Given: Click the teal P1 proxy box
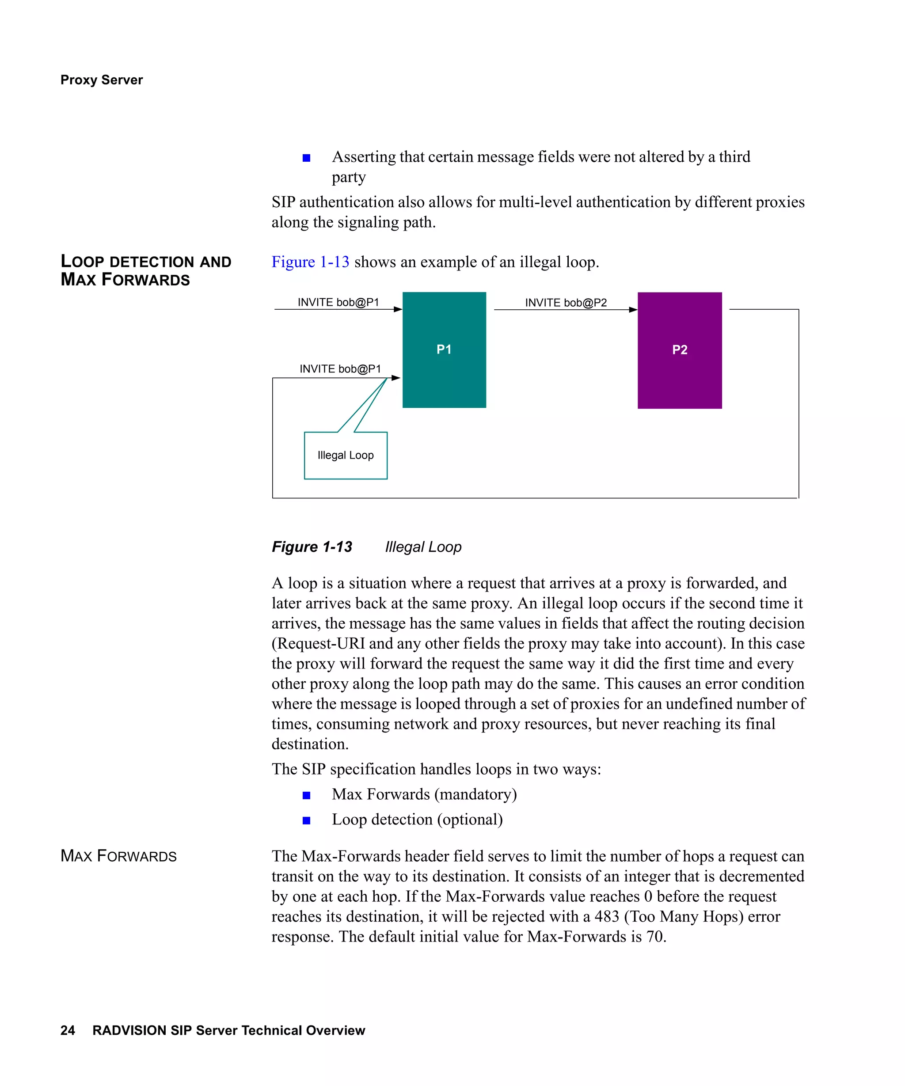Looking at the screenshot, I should coord(444,349).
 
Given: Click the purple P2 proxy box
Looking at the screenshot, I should coord(679,350).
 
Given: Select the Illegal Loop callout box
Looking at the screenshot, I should coord(346,455).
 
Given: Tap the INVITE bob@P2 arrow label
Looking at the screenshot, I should coord(566,303).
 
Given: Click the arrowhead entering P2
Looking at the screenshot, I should coord(632,310).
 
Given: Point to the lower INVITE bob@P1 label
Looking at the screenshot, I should coord(340,369).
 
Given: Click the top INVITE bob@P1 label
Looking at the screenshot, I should coord(338,302).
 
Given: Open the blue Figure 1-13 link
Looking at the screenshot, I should coord(310,262).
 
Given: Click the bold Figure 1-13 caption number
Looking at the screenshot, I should coord(312,547).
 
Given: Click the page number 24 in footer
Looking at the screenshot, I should coord(68,1030).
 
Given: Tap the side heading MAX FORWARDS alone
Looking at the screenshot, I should coord(118,856).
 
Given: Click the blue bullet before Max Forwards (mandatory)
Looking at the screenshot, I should coord(306,795).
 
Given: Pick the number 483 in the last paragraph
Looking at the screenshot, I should coord(607,916).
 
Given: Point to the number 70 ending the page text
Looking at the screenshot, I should coord(655,937).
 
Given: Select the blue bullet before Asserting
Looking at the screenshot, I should coord(306,158).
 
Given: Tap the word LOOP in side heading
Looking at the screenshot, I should coord(82,261).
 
